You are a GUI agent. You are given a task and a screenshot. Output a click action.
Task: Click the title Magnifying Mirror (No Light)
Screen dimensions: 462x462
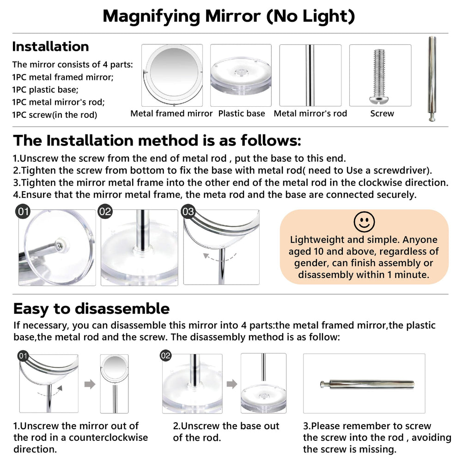[229, 17]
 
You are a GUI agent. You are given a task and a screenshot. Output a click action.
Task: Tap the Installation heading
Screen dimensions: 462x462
[50, 47]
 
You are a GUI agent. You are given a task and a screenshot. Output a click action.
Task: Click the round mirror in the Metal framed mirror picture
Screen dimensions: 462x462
[173, 72]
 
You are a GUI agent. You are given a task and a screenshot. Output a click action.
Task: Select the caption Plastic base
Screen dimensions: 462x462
[242, 114]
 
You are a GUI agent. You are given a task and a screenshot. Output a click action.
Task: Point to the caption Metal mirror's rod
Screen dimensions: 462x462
[310, 114]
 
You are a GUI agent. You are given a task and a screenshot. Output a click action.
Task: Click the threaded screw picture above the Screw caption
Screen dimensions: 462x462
[379, 76]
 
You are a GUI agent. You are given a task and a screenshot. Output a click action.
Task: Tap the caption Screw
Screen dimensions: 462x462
[382, 114]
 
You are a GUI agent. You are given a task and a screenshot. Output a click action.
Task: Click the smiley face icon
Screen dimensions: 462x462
[364, 222]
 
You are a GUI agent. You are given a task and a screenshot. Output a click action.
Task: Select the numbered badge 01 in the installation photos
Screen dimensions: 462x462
[23, 212]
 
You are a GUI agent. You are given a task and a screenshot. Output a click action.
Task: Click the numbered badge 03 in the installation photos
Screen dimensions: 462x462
[188, 212]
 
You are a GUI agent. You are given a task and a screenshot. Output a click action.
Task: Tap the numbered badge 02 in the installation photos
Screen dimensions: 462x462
[105, 212]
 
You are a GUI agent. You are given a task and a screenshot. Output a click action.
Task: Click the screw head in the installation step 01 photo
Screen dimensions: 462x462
[60, 245]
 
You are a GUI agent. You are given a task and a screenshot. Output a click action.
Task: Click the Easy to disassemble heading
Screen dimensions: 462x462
[91, 309]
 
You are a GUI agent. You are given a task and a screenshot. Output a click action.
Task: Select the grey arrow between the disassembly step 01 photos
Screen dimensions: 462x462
[90, 384]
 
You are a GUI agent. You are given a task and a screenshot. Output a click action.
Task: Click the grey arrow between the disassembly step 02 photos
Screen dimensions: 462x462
[232, 384]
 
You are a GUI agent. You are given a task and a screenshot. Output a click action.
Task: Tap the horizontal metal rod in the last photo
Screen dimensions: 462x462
[367, 384]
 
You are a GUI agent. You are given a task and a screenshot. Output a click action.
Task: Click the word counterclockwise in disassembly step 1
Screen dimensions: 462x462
[109, 438]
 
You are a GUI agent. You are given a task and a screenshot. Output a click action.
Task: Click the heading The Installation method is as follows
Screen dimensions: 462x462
[157, 140]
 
